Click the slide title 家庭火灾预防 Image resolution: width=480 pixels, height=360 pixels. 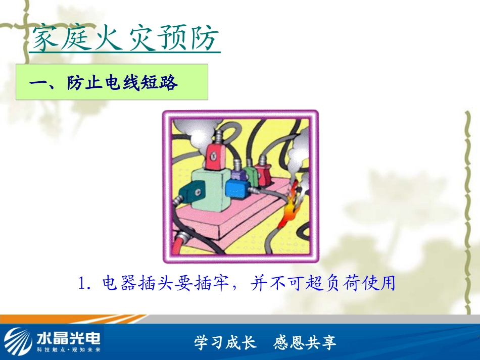pos(125,39)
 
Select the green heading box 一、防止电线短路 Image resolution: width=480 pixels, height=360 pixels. pos(112,82)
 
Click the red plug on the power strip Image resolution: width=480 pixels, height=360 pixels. pos(263,175)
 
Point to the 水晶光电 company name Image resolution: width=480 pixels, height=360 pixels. pos(68,336)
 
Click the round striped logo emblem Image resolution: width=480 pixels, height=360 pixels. pos(19,340)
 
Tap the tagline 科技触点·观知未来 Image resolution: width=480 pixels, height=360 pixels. pos(69,349)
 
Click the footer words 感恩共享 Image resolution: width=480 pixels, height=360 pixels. pos(305,343)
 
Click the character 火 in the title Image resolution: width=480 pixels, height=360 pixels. pos(107,39)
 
